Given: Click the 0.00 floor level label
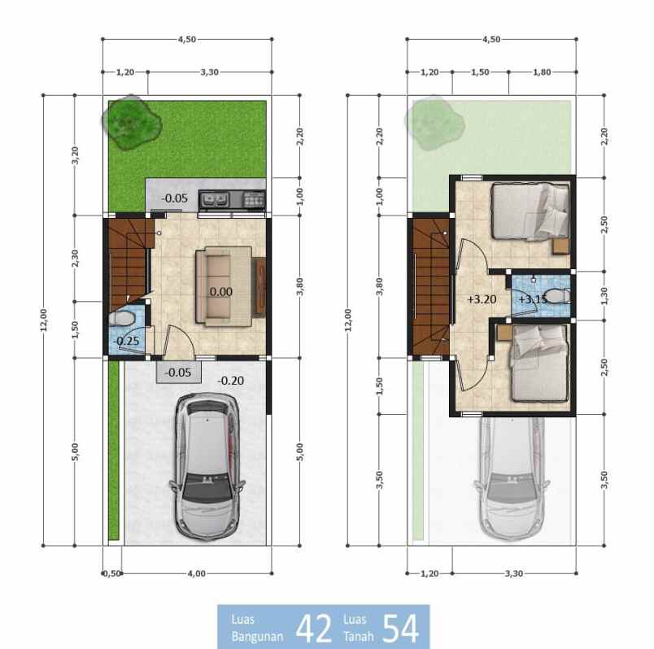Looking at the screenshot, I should (220, 291).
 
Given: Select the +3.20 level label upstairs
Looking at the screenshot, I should (482, 298).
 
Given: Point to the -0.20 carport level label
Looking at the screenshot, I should (232, 380).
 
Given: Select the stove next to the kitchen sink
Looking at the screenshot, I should (254, 198).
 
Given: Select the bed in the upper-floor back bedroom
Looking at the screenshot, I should (530, 211).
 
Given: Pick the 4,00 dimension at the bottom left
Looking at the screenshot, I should (196, 573).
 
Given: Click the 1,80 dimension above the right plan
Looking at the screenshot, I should (542, 72).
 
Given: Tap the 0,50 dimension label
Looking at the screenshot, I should (111, 573).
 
